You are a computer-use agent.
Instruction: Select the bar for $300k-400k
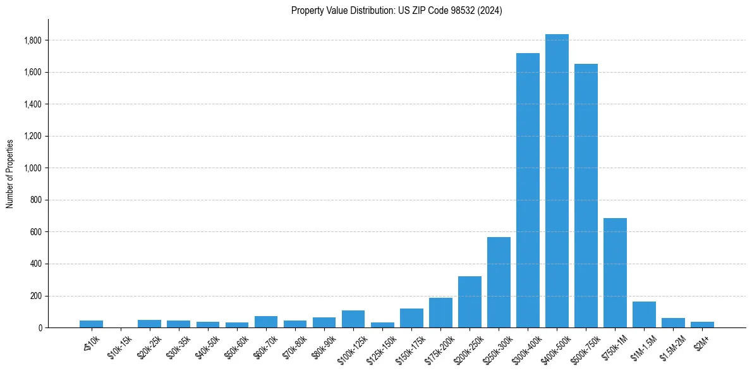point(528,190)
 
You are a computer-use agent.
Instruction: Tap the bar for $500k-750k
point(586,196)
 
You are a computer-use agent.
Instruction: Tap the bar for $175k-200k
point(440,313)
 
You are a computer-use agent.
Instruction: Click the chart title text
point(397,11)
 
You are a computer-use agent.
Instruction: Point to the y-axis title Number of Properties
point(10,173)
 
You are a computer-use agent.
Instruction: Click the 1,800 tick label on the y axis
point(33,40)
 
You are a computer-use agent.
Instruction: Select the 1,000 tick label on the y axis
point(33,168)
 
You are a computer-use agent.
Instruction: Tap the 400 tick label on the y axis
point(36,264)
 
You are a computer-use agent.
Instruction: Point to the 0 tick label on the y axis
point(40,328)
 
